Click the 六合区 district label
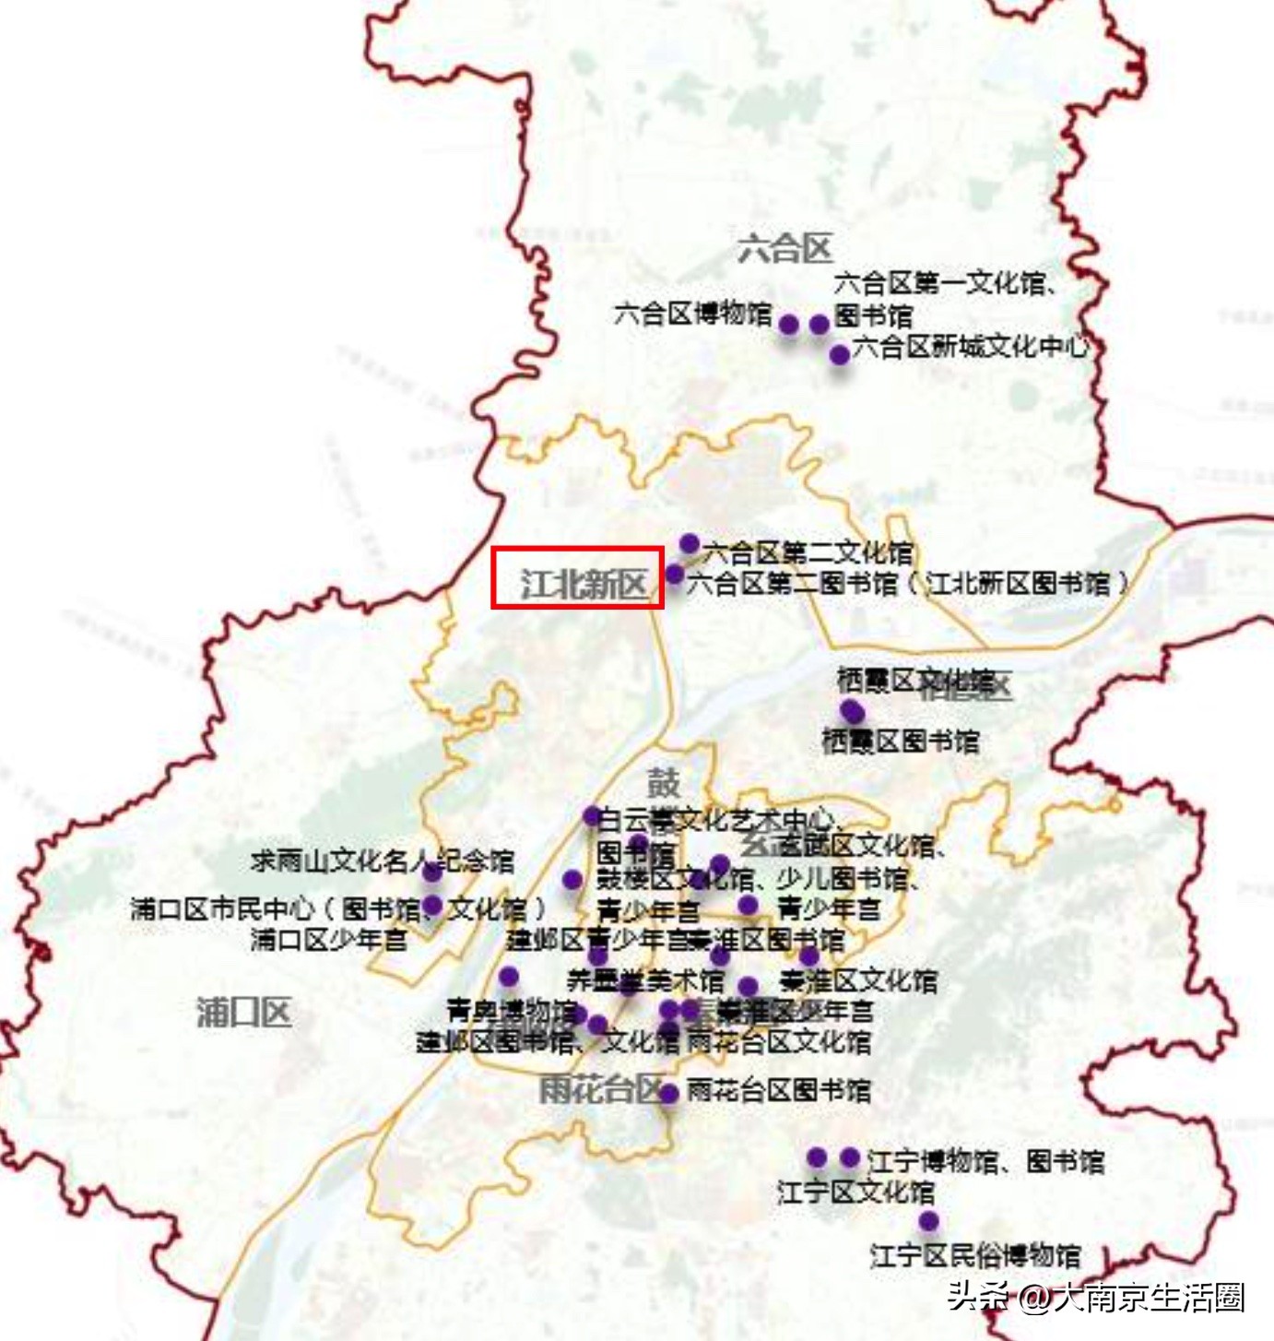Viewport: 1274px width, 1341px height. click(785, 247)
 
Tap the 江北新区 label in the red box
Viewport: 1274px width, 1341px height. click(584, 583)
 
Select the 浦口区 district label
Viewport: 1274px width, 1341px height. click(243, 1013)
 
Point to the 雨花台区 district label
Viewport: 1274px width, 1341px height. click(600, 1090)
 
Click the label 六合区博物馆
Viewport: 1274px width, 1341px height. click(693, 314)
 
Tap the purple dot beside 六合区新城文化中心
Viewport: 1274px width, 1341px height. click(839, 354)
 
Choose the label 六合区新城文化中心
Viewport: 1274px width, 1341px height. click(970, 347)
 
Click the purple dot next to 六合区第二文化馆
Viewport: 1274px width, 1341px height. click(689, 543)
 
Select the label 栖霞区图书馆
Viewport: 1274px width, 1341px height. click(900, 741)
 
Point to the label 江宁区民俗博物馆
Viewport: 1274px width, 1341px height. click(975, 1254)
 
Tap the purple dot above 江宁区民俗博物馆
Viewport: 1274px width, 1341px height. click(928, 1221)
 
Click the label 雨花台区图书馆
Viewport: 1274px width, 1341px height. click(779, 1091)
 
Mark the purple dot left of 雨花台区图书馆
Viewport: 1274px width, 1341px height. click(669, 1093)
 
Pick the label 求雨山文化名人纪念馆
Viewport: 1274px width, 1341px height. click(382, 860)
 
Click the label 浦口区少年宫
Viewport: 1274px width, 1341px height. click(328, 940)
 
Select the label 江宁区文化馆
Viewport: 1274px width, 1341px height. click(855, 1192)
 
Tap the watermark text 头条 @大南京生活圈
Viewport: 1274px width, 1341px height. click(1096, 1297)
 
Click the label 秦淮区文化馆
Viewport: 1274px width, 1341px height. click(858, 980)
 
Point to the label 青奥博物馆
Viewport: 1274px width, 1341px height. click(512, 1011)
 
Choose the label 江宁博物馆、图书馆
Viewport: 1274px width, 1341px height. click(985, 1160)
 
